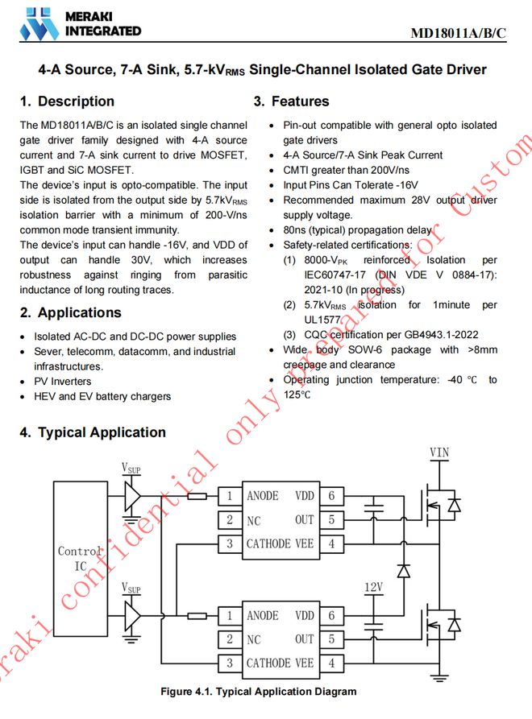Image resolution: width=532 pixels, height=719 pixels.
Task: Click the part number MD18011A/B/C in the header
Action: pos(458,33)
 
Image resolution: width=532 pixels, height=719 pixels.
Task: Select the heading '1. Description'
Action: pos(67,101)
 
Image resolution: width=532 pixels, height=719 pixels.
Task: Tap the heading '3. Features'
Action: pos(291,101)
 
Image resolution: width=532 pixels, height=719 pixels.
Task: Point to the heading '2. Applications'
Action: pos(70,312)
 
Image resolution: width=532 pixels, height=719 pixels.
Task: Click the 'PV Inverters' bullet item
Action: pos(62,382)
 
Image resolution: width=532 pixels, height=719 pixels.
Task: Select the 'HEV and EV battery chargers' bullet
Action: pos(102,396)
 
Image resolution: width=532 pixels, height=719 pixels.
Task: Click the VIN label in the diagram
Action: pos(439,452)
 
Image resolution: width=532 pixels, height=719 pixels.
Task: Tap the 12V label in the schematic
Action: pos(373,588)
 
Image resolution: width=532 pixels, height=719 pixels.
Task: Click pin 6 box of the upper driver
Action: pos(330,496)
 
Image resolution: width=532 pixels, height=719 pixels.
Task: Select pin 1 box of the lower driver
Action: pos(230,616)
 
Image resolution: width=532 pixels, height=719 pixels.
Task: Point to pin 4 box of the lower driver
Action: pos(330,663)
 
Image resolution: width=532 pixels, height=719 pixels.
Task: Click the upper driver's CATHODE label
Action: pos(268,543)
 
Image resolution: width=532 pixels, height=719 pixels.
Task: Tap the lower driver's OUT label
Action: pos(304,639)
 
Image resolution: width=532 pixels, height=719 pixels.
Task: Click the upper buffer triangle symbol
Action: pos(131,496)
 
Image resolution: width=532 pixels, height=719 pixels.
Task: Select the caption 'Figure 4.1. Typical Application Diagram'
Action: pos(258,692)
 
